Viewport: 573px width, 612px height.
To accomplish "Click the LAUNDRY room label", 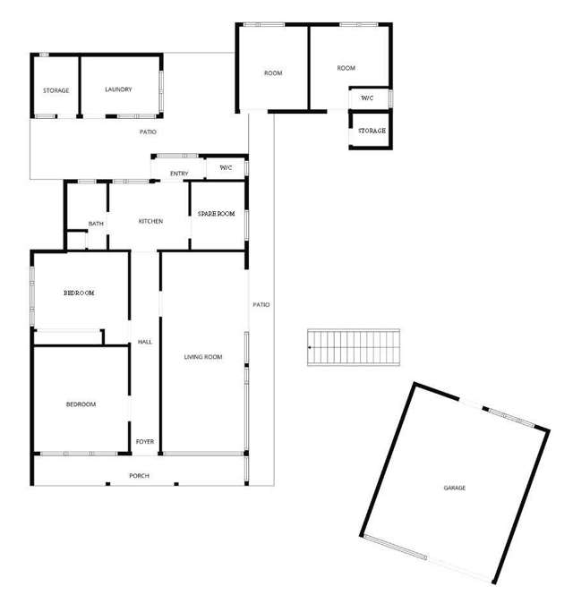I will click(118, 89).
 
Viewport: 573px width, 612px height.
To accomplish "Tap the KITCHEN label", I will click(150, 221).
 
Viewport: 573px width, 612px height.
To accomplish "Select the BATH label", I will click(96, 224).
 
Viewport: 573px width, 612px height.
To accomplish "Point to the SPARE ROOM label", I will click(217, 214).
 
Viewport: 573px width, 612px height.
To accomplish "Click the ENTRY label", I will click(179, 174).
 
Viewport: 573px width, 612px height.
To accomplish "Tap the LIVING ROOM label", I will click(203, 357).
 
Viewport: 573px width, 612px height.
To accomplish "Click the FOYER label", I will click(144, 442).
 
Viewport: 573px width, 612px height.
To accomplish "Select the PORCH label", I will click(139, 475).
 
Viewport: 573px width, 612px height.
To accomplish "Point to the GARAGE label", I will click(455, 488).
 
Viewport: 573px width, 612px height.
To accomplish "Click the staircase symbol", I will click(355, 347).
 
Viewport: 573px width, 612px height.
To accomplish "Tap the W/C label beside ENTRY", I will click(226, 167).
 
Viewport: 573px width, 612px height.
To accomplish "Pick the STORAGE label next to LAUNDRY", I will click(56, 90).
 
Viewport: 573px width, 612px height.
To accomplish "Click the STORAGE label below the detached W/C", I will click(372, 131).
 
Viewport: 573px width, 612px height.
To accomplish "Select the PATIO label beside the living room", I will click(261, 305).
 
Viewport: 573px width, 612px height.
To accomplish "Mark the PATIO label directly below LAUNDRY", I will click(148, 132).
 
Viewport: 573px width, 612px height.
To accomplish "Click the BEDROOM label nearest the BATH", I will click(79, 293).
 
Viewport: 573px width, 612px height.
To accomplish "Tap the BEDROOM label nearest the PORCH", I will click(81, 404).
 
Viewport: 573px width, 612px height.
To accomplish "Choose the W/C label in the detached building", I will click(368, 98).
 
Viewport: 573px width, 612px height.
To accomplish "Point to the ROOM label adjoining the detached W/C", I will click(346, 68).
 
